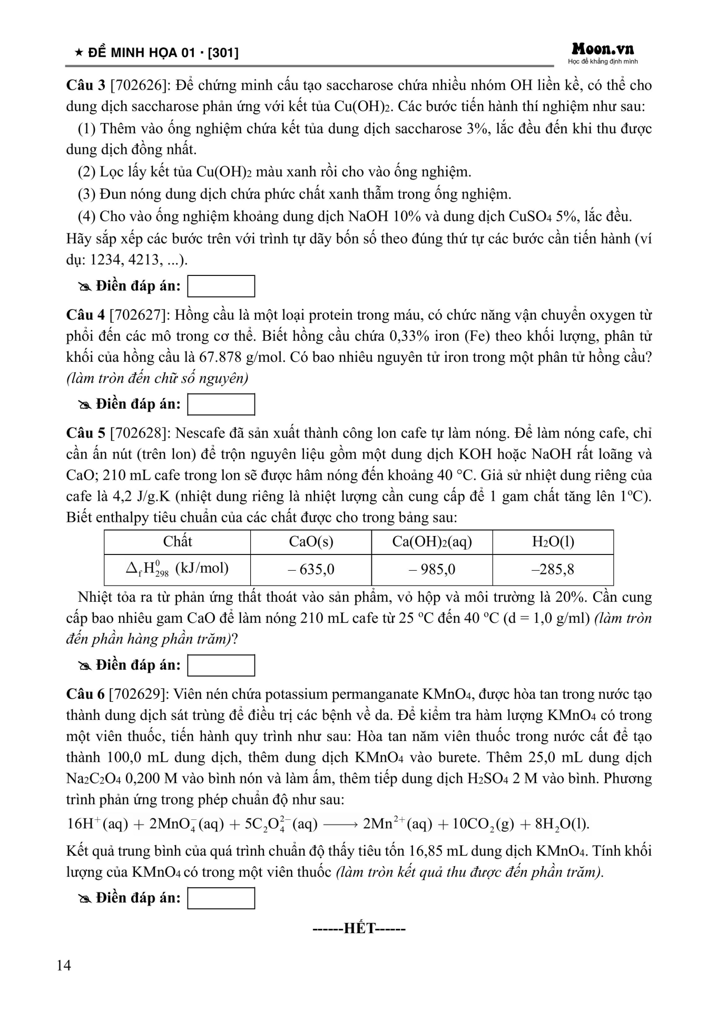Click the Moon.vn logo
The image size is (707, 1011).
pos(603,50)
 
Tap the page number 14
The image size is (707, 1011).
pos(63,965)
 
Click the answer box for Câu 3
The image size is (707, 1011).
pos(221,286)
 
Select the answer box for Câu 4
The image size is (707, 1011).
pos(221,404)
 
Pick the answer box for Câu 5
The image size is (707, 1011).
pos(221,665)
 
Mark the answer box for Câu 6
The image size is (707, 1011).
pos(221,898)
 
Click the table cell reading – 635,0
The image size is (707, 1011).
pos(311,569)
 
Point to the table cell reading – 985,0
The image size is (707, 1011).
pos(432,569)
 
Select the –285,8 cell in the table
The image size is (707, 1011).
pos(553,569)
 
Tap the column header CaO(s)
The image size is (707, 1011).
pos(311,542)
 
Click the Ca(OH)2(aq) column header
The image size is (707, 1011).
pos(432,542)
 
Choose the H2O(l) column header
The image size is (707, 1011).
pos(553,542)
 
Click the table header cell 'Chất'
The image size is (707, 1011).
pos(177,542)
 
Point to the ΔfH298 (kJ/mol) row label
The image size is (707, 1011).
pos(177,569)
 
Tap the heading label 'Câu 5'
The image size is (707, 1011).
pos(85,433)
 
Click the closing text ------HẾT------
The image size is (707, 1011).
pos(359,928)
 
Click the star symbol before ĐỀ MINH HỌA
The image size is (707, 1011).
pos(78,53)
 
